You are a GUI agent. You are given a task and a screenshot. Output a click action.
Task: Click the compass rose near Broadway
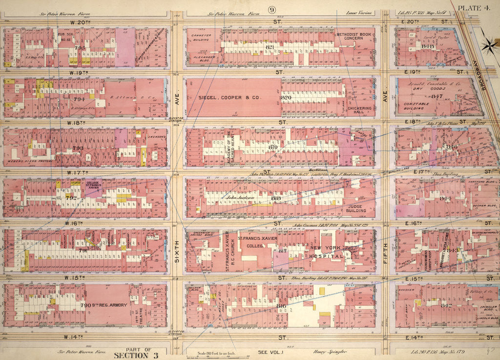(487, 45)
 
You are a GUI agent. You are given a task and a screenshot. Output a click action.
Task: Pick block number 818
(276, 198)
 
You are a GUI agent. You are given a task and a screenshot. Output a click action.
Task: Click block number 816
(281, 306)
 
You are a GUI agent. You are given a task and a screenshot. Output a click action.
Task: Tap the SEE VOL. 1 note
(270, 352)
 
